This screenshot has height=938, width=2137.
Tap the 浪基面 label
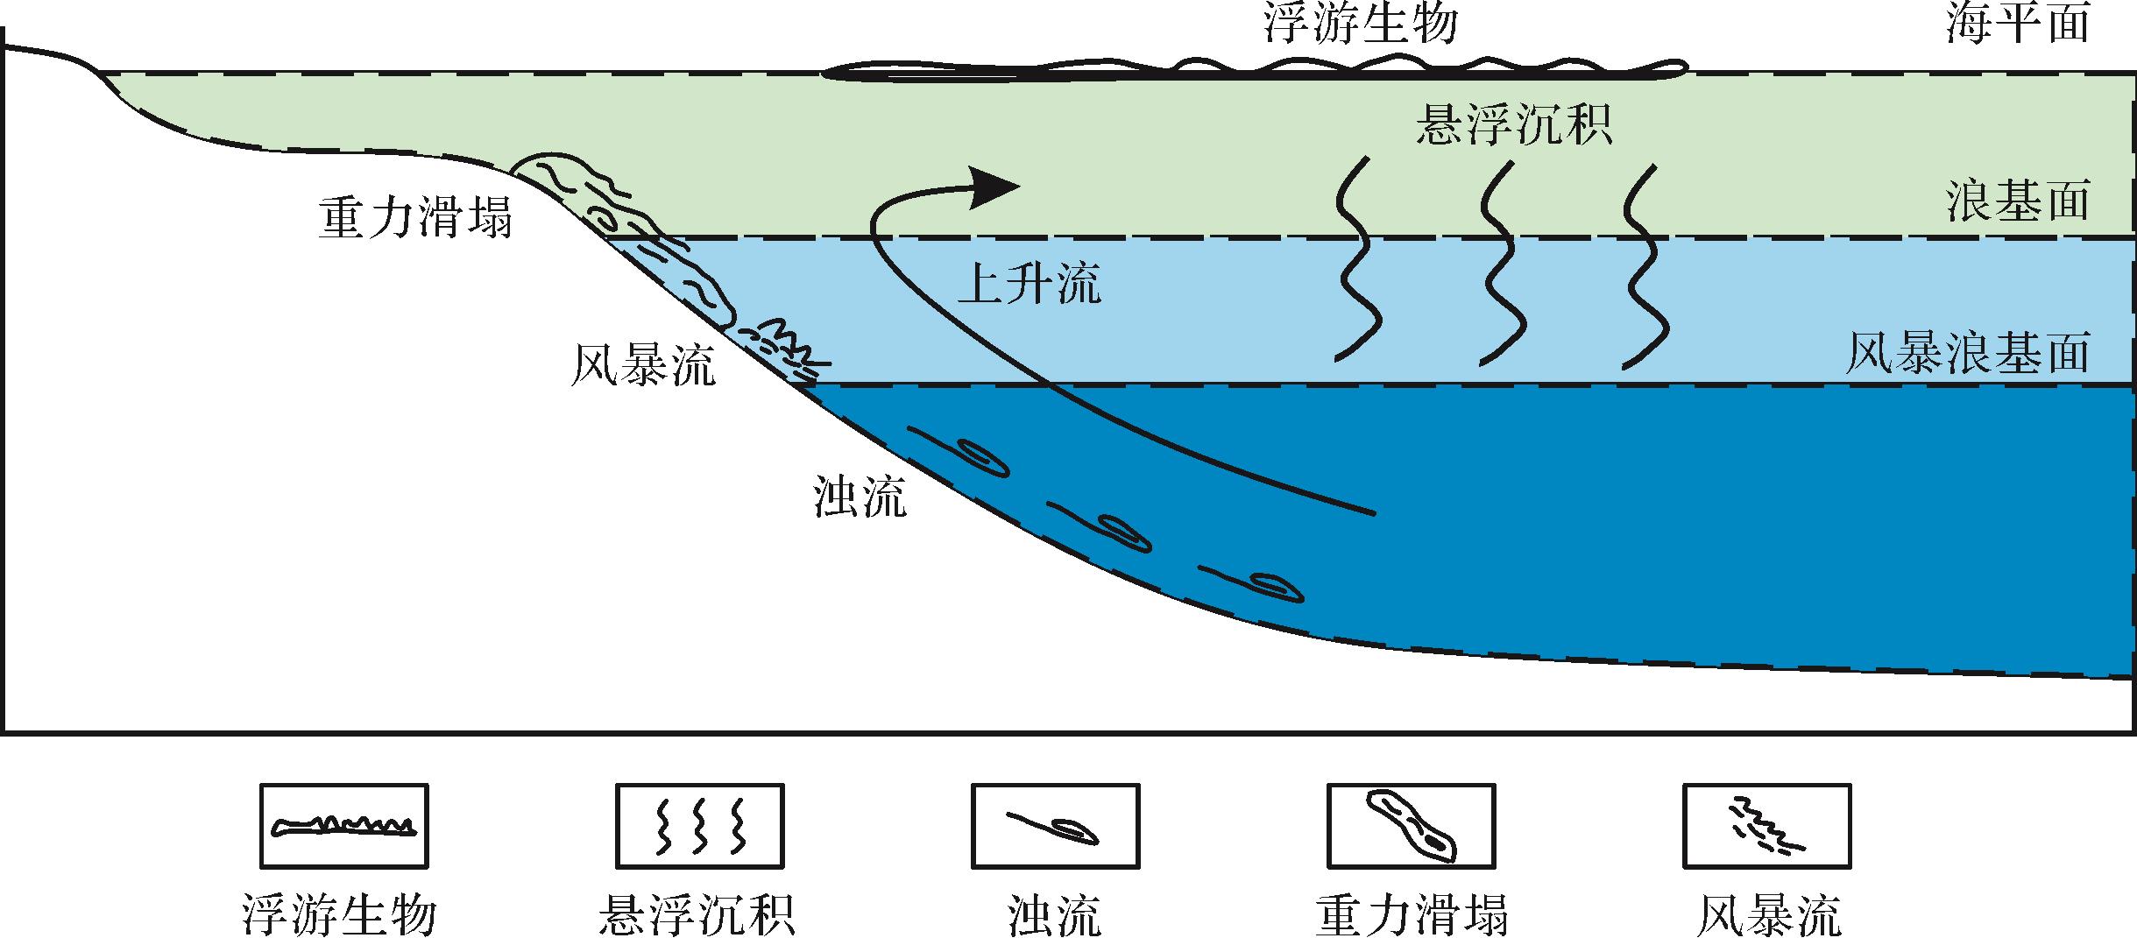click(2016, 202)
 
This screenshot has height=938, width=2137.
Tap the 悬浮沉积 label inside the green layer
click(1514, 124)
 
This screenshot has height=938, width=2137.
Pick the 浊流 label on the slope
click(860, 497)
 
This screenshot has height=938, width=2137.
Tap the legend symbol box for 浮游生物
click(344, 825)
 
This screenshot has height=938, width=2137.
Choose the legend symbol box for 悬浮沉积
click(699, 825)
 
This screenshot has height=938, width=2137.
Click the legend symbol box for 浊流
click(1055, 825)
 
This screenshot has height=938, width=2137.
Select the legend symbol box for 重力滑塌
click(1411, 825)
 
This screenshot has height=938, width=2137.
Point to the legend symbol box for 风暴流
click(1766, 825)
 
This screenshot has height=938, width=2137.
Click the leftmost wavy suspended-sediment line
click(1356, 259)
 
